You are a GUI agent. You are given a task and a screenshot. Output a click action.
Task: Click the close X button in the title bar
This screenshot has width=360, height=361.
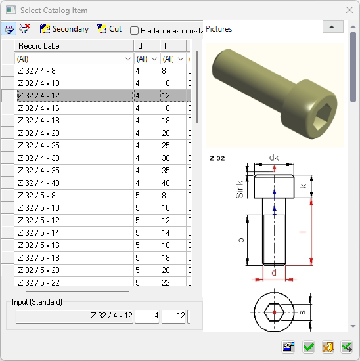pos(349,10)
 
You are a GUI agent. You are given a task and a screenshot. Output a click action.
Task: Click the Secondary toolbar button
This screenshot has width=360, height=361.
pos(64,29)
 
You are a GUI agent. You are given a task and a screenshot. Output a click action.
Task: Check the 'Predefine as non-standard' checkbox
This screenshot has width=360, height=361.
pos(134,31)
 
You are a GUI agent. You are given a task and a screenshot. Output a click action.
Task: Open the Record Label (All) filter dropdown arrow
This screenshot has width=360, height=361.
pos(128,59)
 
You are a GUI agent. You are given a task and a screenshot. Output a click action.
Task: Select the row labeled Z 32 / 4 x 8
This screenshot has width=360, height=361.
pos(37,71)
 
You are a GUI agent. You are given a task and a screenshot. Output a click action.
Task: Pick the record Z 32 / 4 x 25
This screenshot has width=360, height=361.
pos(39,146)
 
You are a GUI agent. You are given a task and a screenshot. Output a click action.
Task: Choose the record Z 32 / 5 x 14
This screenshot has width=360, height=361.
pos(39,233)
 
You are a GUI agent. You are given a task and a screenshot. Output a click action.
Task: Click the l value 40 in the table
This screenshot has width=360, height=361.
pos(166,183)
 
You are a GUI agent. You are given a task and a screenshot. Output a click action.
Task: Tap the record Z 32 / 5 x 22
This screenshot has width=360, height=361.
pos(39,282)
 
